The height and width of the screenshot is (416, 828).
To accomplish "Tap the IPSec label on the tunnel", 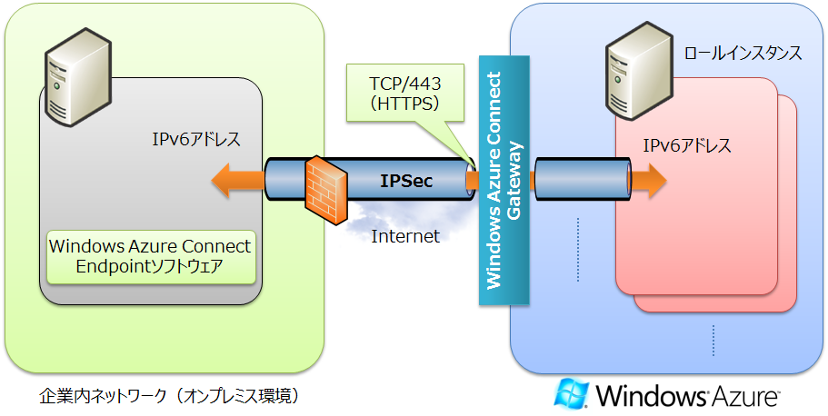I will [405, 181].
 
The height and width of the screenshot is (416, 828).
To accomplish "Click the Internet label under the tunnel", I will [405, 236].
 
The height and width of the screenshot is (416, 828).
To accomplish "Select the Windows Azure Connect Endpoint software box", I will [150, 255].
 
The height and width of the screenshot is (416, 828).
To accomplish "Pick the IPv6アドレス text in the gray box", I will [195, 141].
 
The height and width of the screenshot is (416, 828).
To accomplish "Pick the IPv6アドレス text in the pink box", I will [686, 145].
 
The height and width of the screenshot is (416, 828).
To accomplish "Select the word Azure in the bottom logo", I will [745, 396].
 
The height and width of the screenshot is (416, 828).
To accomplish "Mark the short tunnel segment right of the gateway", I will [582, 178].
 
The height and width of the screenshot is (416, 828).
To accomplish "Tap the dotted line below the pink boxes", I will [713, 341].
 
